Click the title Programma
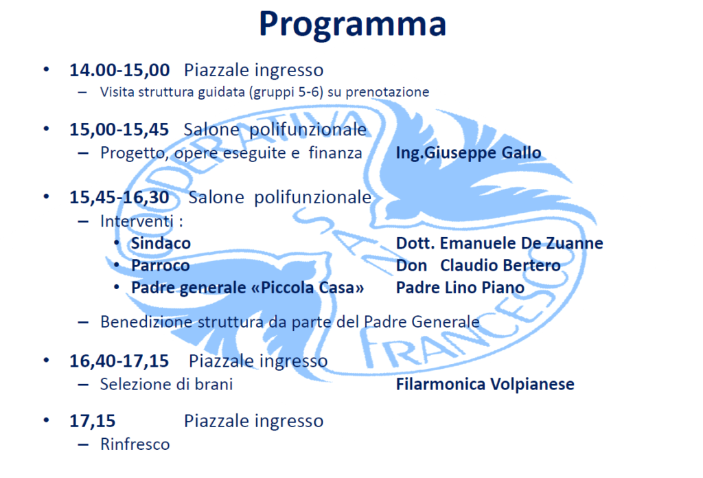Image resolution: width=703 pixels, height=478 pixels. point(352,24)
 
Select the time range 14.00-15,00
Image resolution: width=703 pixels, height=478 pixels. point(119,70)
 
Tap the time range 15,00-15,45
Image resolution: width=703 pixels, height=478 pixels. point(119,130)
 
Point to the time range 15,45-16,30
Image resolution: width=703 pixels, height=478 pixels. point(119,197)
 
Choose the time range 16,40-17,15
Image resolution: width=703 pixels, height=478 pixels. point(119,361)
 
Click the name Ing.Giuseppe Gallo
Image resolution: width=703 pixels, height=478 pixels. point(468,153)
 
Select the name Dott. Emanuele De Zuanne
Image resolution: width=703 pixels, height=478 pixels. point(500,243)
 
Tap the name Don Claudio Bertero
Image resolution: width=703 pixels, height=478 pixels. point(479,266)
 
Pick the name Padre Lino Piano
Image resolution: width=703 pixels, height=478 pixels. point(460,288)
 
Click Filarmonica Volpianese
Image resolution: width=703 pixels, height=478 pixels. point(485,385)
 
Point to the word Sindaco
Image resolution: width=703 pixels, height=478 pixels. point(161,243)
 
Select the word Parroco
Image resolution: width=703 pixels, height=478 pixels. point(161,266)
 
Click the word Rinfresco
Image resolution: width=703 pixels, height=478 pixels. point(135,444)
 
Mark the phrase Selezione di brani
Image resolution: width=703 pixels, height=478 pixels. point(166,385)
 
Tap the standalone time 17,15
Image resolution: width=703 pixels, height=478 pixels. point(93,421)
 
